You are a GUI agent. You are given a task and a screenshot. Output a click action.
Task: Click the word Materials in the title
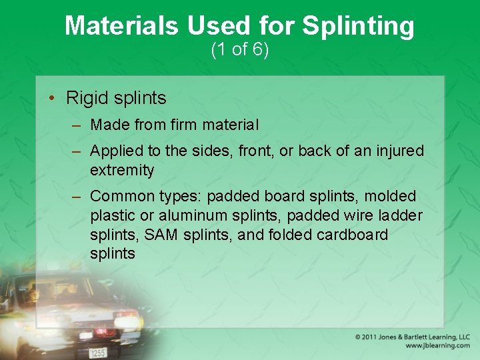tap(122, 26)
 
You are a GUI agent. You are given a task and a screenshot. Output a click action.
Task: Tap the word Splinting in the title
tap(358, 27)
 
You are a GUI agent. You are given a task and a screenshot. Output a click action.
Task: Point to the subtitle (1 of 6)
tap(240, 50)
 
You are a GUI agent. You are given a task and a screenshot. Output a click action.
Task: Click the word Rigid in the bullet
tap(86, 98)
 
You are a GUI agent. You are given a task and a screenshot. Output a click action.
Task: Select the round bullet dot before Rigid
tap(52, 99)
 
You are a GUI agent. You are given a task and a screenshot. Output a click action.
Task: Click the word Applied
tap(118, 151)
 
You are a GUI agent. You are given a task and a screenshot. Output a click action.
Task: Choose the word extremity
tap(122, 170)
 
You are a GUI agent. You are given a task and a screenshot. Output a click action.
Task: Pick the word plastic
tap(113, 216)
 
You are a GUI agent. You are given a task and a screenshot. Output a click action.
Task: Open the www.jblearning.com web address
tap(437, 346)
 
